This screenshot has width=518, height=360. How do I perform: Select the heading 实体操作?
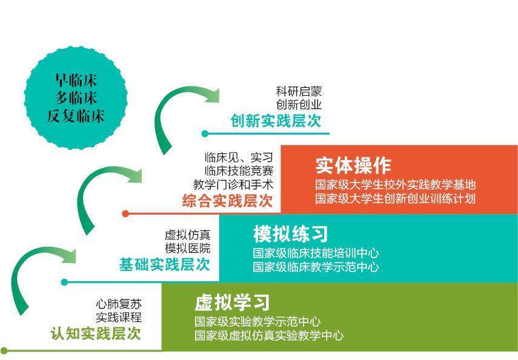click(353, 165)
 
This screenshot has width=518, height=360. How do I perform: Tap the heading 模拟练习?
click(290, 233)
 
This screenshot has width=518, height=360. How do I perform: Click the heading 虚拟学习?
click(231, 302)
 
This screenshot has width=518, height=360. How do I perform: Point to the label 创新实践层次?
click(276, 121)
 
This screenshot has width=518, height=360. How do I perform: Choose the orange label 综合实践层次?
click(228, 201)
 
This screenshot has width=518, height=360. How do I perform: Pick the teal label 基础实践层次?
click(165, 264)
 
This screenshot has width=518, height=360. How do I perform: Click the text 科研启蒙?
click(299, 92)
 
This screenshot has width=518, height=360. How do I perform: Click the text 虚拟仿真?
click(188, 235)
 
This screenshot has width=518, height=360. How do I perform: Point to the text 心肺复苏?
click(119, 304)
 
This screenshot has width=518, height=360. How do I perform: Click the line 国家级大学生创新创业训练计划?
click(395, 199)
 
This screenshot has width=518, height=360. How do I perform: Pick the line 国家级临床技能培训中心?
click(316, 253)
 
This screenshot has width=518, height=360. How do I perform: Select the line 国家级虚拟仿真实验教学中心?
click(269, 335)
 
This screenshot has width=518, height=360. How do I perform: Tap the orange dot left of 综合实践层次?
click(125, 213)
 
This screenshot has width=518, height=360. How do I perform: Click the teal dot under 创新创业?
click(205, 133)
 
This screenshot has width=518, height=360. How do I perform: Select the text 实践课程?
click(119, 317)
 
